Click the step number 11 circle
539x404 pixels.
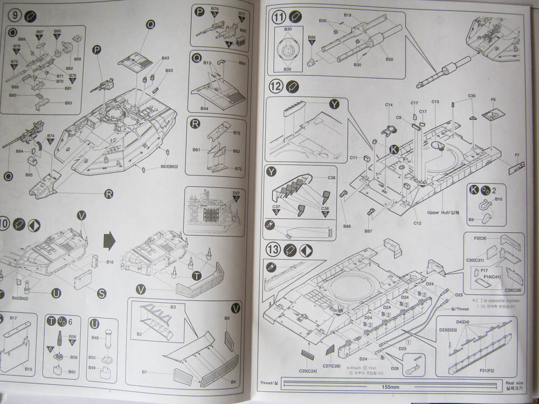tap(279, 17)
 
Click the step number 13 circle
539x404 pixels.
tap(274, 249)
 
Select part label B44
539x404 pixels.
tap(204, 108)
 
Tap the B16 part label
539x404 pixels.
tap(109, 262)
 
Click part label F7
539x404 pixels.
tap(517, 156)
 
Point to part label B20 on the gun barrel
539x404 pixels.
tap(389, 59)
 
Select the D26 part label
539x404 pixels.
tap(396, 368)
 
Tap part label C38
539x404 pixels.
tap(331, 177)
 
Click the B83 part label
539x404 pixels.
tap(68, 103)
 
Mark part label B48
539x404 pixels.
tap(94, 338)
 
